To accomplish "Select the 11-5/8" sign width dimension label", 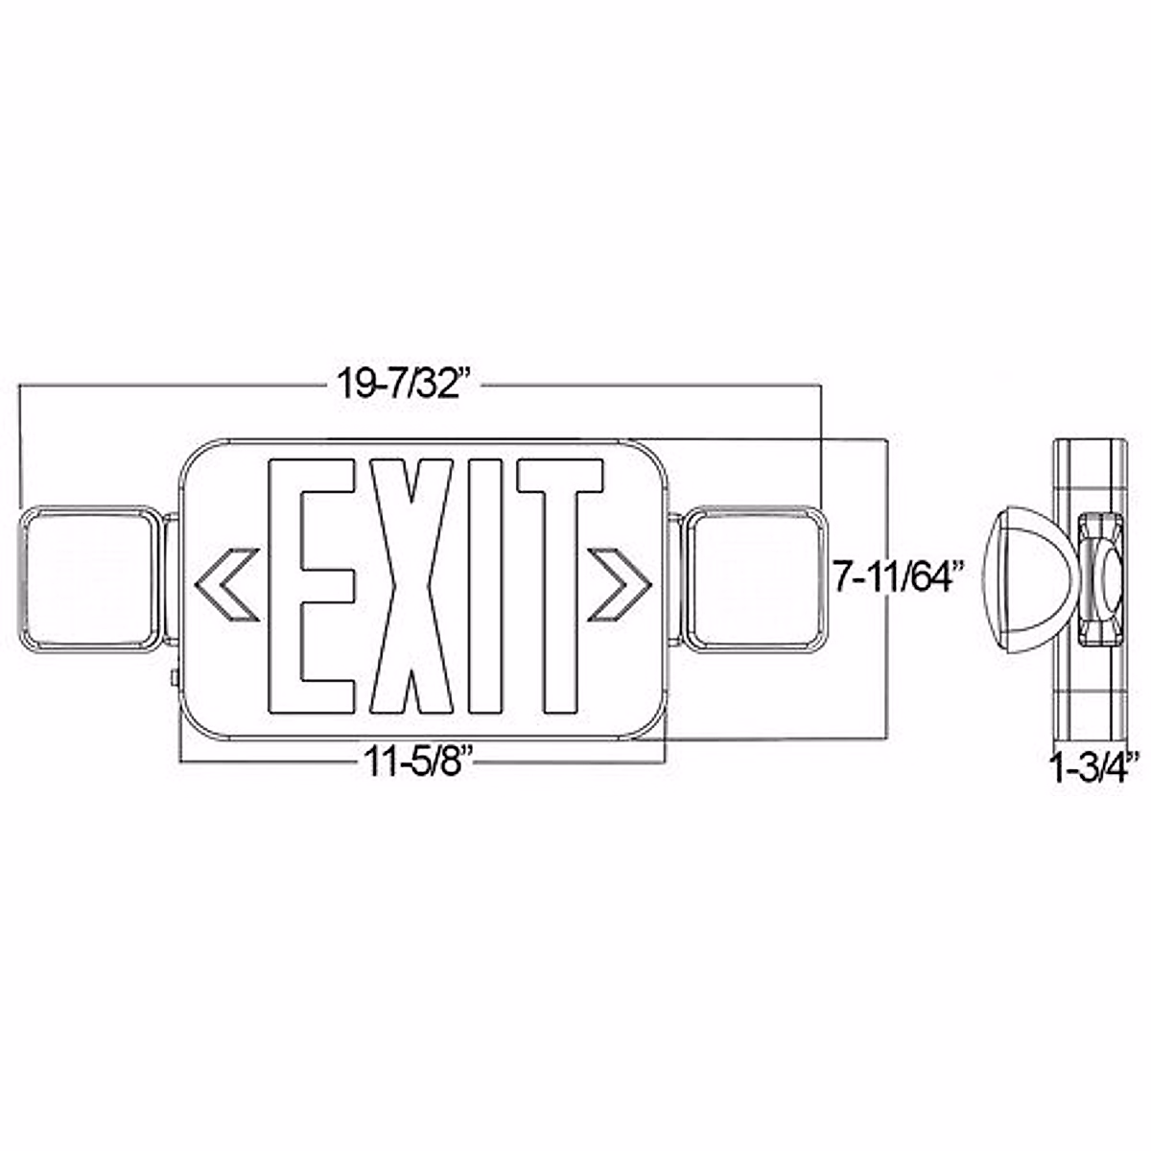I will click(x=420, y=763).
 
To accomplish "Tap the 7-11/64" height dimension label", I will click(x=897, y=578).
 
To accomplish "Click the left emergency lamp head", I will click(x=86, y=580).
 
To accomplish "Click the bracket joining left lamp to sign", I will click(x=170, y=580).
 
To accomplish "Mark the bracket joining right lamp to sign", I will click(x=674, y=580).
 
